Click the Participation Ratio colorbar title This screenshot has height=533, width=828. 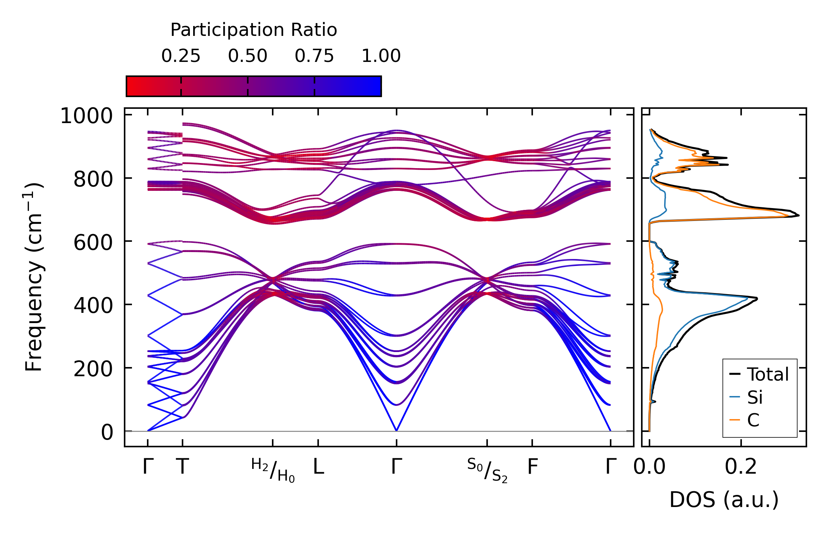click(254, 30)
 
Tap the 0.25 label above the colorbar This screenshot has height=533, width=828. click(181, 56)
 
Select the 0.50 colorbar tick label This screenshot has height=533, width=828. click(248, 56)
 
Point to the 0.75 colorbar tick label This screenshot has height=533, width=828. click(314, 56)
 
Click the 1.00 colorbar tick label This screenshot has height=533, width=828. click(381, 56)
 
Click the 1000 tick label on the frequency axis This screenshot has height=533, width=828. click(87, 116)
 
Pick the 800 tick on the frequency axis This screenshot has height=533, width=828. click(93, 179)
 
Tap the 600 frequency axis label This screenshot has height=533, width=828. click(93, 243)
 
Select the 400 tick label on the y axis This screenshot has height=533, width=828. click(93, 306)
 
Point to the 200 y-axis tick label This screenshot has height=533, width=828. click(93, 369)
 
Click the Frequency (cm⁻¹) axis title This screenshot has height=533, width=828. click(34, 277)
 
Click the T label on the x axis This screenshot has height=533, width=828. click(183, 467)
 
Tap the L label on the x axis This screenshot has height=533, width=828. click(319, 467)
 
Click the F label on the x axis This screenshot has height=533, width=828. click(533, 467)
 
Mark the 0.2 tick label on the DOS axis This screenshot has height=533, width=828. click(741, 467)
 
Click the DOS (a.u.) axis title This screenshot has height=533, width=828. click(724, 500)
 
